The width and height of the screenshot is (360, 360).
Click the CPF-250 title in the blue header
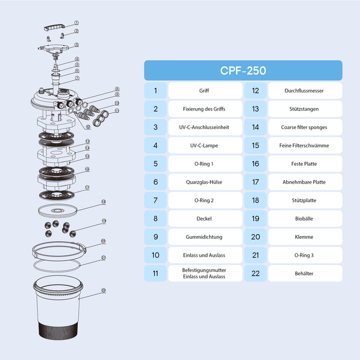pos(243,70)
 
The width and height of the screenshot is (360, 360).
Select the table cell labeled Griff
pos(205,91)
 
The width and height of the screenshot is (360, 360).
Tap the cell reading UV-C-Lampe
pos(205,146)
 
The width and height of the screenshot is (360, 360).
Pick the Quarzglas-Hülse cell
pos(205,182)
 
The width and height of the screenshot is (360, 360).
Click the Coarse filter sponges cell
pos(305,127)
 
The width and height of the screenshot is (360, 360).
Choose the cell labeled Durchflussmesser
pos(305,91)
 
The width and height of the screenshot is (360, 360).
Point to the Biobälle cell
pos(305,219)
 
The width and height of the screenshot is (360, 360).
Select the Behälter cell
pos(305,274)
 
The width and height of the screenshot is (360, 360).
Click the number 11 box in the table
pos(155,274)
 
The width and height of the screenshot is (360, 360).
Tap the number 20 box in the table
pos(256,237)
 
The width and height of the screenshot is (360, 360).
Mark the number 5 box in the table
pos(155,164)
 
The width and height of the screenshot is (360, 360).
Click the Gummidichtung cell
pos(205,237)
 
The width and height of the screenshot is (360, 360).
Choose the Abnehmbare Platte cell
pos(305,182)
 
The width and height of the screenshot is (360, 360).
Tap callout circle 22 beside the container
pos(103,290)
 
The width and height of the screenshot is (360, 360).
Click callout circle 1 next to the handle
pos(77,23)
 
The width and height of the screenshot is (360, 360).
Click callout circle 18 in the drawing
pos(103,202)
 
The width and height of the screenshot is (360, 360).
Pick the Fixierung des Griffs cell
pos(205,109)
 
